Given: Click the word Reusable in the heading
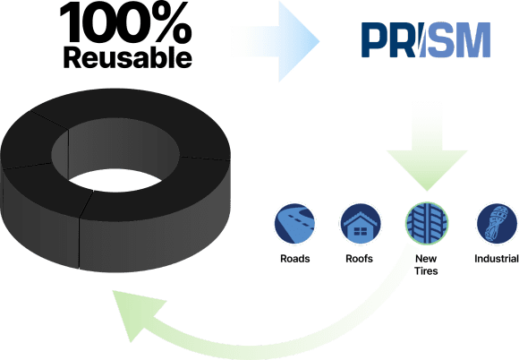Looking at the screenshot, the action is point(127,57).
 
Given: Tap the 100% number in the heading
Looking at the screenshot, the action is point(126,22).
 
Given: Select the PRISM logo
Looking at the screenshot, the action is point(426,40).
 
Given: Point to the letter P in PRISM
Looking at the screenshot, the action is point(374,40).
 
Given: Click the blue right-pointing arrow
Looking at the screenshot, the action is point(275,41).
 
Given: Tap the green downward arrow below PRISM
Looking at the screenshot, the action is point(427,146).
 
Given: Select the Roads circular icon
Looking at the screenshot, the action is point(294,224).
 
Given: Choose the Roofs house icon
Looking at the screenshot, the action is point(361,224).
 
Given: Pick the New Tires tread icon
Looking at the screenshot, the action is point(427,224).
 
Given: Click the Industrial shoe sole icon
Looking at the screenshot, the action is point(497,224).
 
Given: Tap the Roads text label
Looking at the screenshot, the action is point(295,259).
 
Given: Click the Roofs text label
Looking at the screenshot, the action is point(359,259).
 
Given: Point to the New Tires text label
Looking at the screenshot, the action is point(426,264).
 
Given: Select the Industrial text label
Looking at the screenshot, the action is point(497,259).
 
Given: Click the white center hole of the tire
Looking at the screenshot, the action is point(115,181).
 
